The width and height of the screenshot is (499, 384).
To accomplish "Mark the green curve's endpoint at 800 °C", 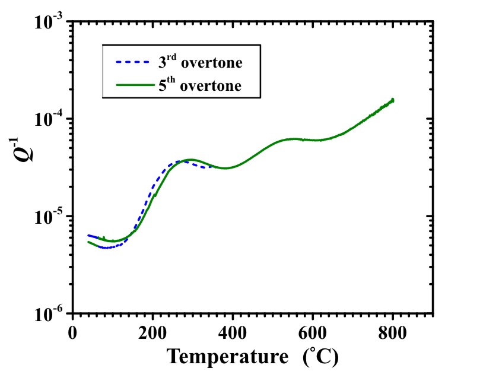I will click(392, 100).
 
